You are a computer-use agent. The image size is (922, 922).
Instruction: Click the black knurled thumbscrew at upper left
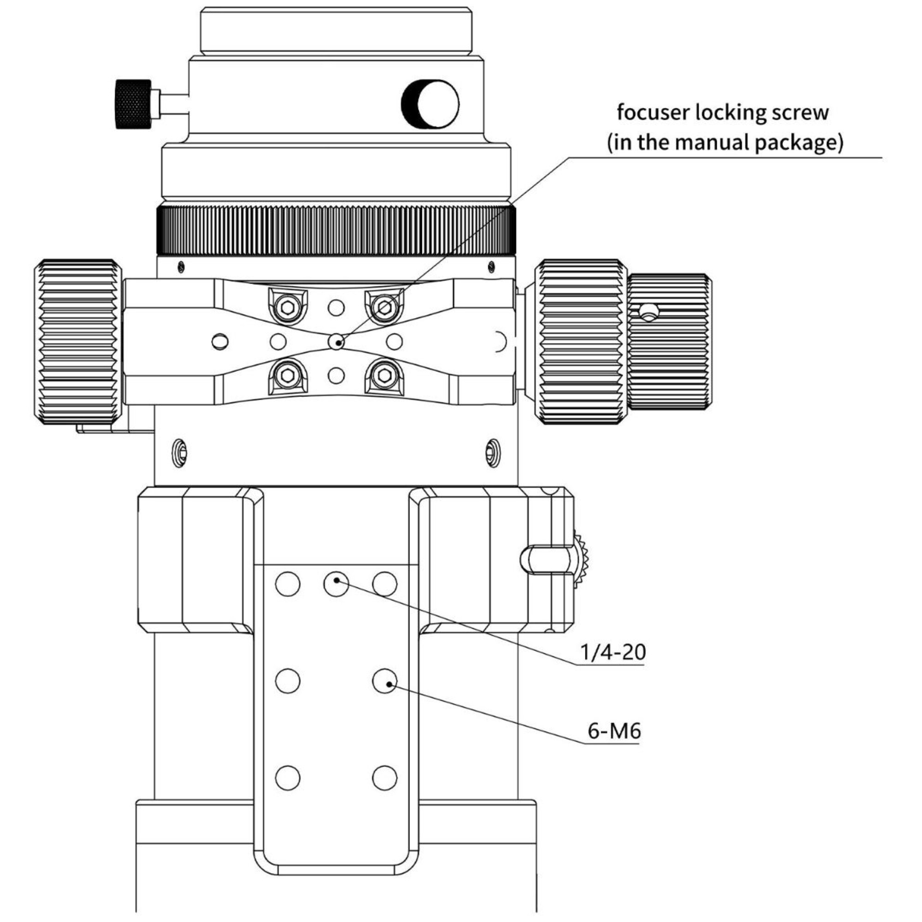point(133,104)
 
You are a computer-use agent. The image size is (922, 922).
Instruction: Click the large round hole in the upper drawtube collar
point(431,104)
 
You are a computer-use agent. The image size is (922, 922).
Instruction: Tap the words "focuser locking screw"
point(722,112)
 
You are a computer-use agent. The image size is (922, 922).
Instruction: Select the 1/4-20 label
point(612,652)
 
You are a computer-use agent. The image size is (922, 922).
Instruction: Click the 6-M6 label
point(614,731)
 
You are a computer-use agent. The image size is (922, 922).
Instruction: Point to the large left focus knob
point(78,342)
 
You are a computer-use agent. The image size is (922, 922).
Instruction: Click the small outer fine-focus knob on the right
point(669,342)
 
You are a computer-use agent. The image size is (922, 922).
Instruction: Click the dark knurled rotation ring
point(336,230)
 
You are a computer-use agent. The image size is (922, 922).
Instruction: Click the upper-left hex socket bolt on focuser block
point(288,307)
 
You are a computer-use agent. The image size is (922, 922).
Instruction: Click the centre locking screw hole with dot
point(337,342)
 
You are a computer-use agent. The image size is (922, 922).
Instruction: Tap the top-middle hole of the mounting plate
point(337,584)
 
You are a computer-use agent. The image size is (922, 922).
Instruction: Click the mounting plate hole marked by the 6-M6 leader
point(384,681)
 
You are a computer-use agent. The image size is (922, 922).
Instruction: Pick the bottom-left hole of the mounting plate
point(288,778)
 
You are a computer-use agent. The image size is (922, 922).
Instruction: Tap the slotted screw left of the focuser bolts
point(220,342)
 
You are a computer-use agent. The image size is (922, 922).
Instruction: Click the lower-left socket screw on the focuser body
point(179,452)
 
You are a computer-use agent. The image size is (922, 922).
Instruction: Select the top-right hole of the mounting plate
point(384,584)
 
